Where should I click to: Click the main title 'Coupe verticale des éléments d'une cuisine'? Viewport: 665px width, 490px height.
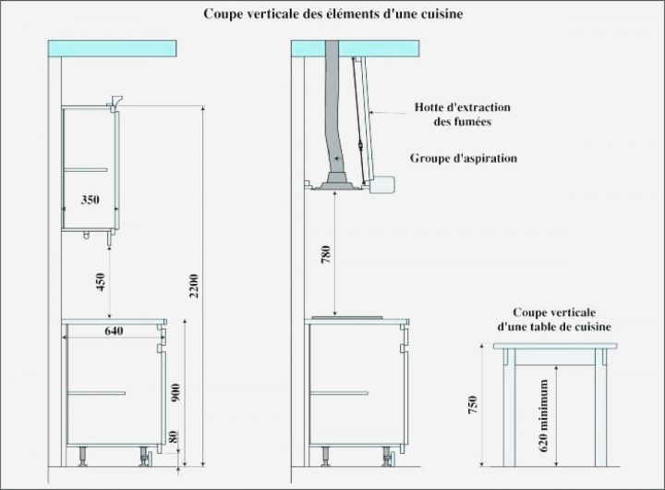(334, 15)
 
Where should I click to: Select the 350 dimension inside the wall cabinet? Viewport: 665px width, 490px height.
(90, 200)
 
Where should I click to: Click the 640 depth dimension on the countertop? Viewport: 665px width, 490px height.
(115, 331)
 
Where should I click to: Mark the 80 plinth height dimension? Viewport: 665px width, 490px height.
(176, 437)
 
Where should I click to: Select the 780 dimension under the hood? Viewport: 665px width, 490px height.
(326, 255)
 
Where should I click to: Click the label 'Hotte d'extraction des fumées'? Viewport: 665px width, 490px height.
(463, 115)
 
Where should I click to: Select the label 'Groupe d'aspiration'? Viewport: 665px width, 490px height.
(463, 158)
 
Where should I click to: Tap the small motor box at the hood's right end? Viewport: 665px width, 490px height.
(382, 189)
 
